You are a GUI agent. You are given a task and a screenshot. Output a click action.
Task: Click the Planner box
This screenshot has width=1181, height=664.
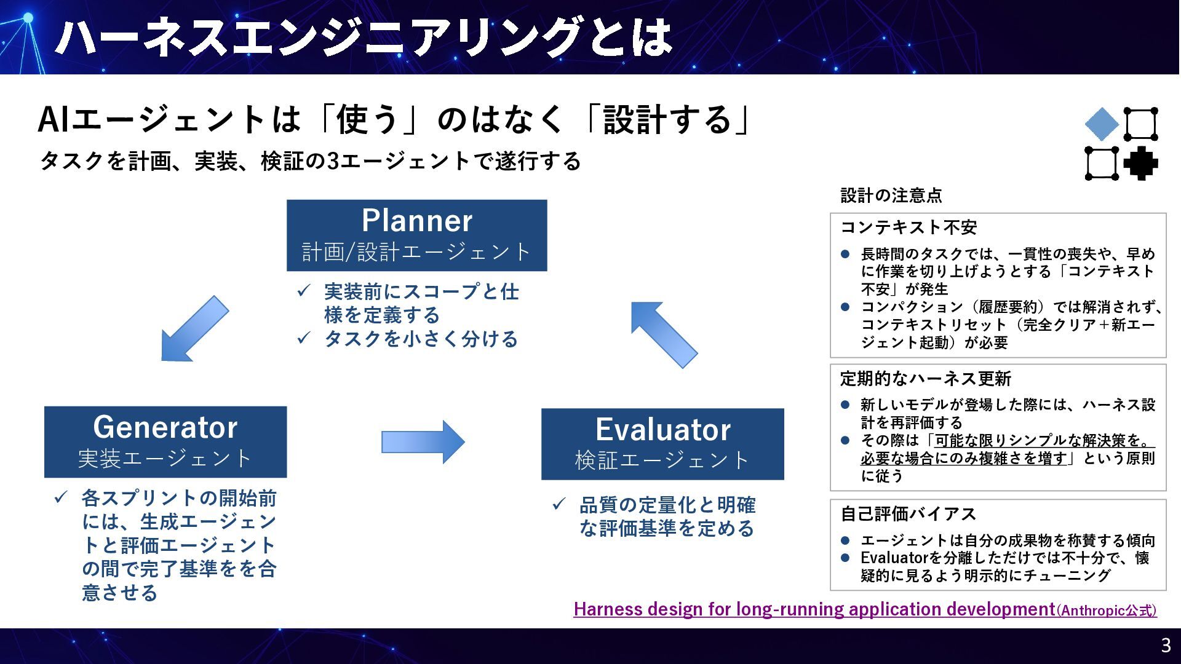pyautogui.click(x=416, y=235)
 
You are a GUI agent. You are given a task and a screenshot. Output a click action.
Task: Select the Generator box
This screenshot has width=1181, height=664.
pyautogui.click(x=165, y=441)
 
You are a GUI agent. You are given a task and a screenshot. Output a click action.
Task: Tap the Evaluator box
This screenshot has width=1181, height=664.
pyautogui.click(x=662, y=444)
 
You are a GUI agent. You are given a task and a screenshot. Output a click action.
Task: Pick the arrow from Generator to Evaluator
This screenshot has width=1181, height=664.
pyautogui.click(x=423, y=441)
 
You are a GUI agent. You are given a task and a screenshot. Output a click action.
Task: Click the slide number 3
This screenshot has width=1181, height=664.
pyautogui.click(x=1165, y=645)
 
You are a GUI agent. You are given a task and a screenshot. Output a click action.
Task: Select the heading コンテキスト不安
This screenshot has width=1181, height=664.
pyautogui.click(x=908, y=227)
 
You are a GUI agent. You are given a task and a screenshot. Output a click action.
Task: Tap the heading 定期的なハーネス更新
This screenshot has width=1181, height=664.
pyautogui.click(x=925, y=379)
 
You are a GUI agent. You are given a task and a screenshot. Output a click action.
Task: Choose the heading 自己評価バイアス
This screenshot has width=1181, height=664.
pyautogui.click(x=908, y=514)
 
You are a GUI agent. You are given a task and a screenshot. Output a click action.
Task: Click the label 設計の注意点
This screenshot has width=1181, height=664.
pyautogui.click(x=891, y=196)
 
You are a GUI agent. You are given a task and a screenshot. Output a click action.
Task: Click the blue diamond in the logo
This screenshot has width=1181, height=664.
pyautogui.click(x=1102, y=124)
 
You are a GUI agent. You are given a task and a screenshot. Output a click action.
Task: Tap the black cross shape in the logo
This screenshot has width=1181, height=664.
pyautogui.click(x=1140, y=164)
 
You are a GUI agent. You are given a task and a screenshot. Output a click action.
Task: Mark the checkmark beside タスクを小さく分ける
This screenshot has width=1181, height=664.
pyautogui.click(x=303, y=338)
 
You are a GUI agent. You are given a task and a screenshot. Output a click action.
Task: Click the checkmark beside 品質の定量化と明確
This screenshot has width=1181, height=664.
pyautogui.click(x=559, y=504)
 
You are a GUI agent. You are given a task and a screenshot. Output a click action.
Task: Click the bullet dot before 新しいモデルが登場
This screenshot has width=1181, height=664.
pyautogui.click(x=845, y=405)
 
